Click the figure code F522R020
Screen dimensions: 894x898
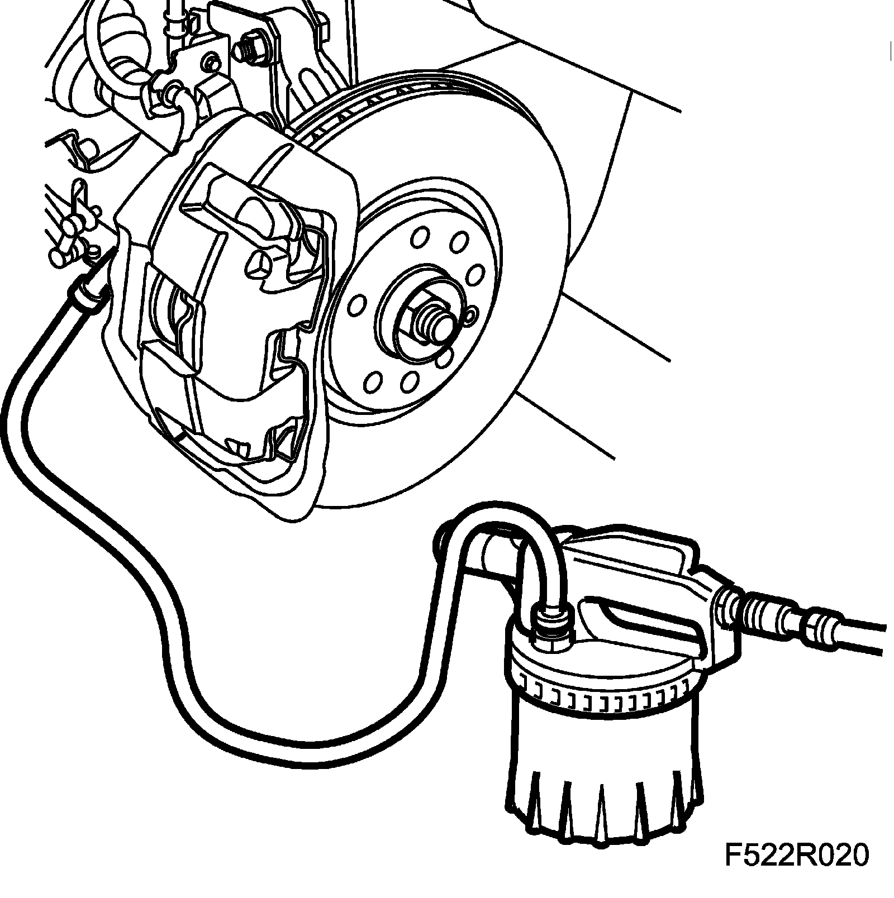click(796, 856)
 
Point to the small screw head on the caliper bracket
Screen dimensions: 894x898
click(211, 63)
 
